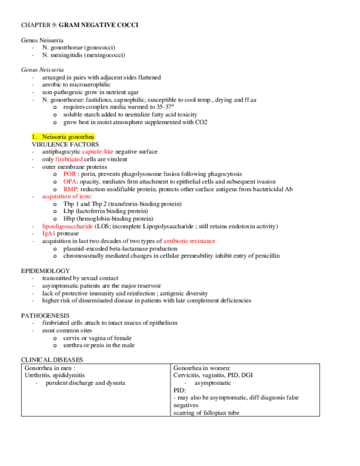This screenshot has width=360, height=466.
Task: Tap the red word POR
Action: pyautogui.click(x=69, y=174)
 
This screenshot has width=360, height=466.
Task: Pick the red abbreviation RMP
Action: pyautogui.click(x=70, y=188)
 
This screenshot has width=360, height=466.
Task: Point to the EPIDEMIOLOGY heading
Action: pyautogui.click(x=45, y=271)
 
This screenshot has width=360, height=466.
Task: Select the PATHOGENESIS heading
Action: pyautogui.click(x=45, y=315)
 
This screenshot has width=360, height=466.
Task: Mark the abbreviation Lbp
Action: pyautogui.click(x=68, y=211)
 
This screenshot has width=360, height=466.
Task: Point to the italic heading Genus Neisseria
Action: pyautogui.click(x=42, y=70)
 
